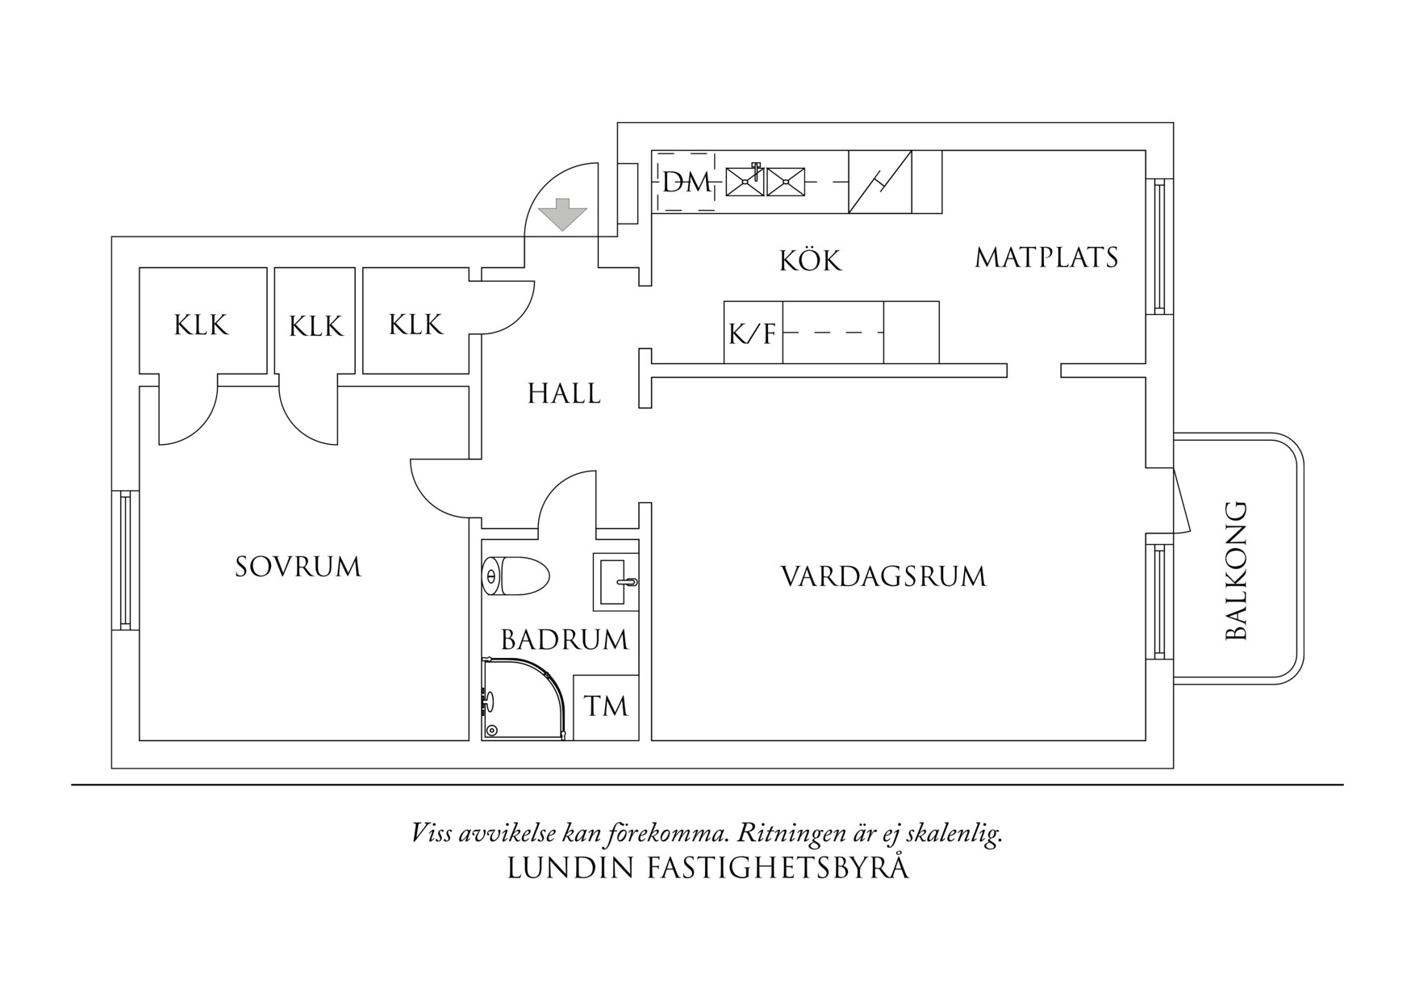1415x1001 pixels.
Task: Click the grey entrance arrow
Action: click(x=562, y=214)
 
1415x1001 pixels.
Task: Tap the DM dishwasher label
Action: click(x=686, y=182)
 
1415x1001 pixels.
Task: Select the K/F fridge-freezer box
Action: click(x=753, y=333)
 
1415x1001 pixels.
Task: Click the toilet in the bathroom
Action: click(x=516, y=576)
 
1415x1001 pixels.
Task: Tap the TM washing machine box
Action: click(x=606, y=706)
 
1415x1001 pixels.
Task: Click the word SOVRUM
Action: click(x=298, y=567)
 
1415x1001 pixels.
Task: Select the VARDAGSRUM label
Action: click(x=883, y=576)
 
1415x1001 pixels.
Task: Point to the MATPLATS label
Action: click(x=1046, y=258)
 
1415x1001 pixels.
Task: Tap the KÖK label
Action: click(x=810, y=260)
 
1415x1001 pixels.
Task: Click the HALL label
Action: click(x=564, y=394)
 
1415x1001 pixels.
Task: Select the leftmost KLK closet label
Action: click(x=202, y=325)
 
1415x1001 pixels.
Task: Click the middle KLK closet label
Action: click(x=315, y=326)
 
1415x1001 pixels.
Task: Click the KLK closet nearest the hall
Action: click(x=415, y=325)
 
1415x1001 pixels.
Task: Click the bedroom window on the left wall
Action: click(x=125, y=560)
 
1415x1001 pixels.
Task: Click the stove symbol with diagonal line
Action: click(x=879, y=182)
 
